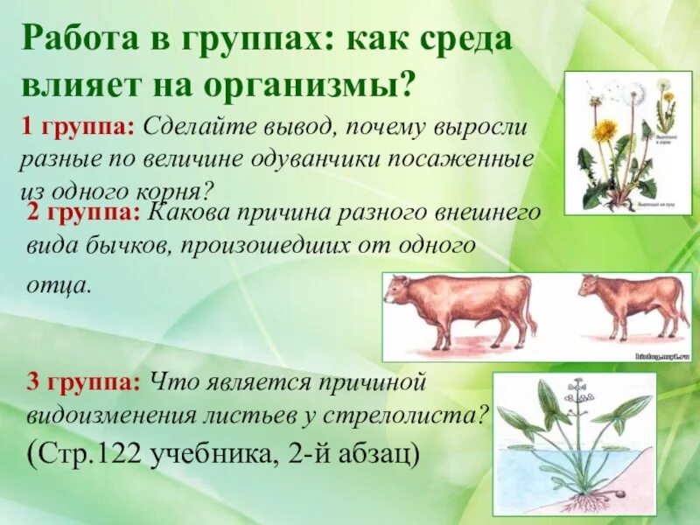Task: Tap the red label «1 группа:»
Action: coord(77,128)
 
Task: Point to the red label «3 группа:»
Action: coord(84,381)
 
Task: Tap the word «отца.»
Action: coord(59,283)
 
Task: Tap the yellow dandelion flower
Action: coord(604,131)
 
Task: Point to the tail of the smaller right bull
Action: coord(682,306)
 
